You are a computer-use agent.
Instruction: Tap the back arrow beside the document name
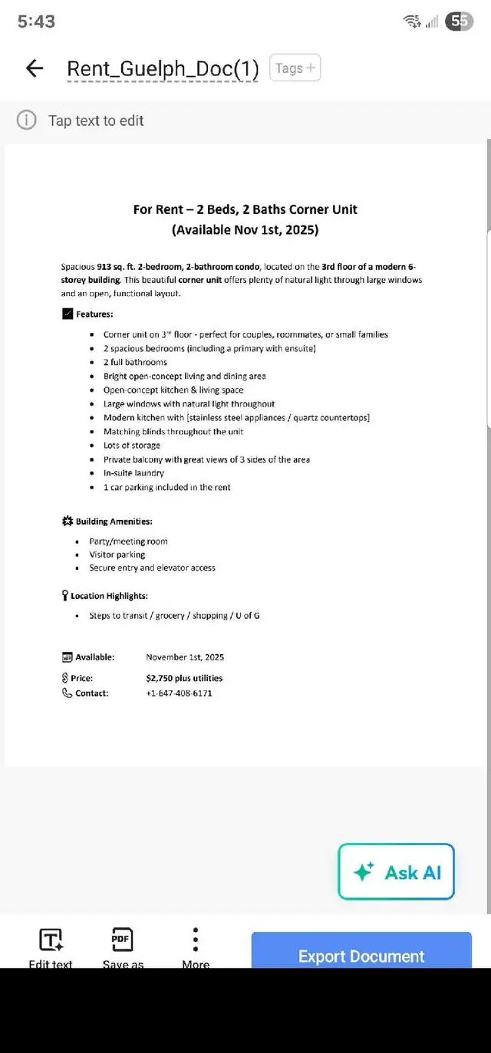click(35, 68)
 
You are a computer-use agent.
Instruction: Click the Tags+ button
click(295, 68)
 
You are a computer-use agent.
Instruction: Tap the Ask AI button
click(396, 872)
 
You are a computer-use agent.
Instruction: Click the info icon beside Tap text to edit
click(27, 120)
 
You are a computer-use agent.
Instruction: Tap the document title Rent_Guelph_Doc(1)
click(163, 69)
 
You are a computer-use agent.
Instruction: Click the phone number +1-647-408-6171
click(179, 693)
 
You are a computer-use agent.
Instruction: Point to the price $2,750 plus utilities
click(184, 678)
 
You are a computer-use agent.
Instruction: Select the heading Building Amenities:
click(114, 522)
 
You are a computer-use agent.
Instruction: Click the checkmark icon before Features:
click(68, 314)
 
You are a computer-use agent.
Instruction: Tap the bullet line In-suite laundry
click(133, 473)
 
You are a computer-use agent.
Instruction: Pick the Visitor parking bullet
click(117, 554)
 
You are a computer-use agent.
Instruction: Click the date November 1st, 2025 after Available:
click(185, 657)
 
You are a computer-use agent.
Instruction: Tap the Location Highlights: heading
click(109, 596)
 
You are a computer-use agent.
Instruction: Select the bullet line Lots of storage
click(132, 446)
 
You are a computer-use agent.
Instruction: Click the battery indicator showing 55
click(459, 21)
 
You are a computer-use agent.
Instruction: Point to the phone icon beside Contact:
click(67, 693)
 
